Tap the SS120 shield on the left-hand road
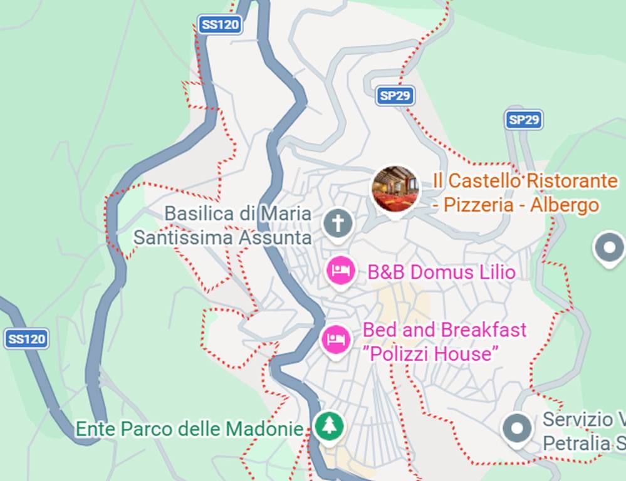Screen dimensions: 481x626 (26, 339)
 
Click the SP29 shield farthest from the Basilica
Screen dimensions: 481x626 (523, 120)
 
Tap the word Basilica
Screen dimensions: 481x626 (200, 214)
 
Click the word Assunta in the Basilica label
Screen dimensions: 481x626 (277, 238)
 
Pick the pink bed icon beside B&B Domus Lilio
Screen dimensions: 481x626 (342, 271)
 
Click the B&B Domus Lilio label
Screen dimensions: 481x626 (441, 272)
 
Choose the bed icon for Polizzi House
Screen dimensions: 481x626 (336, 339)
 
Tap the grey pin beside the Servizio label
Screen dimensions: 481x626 (518, 429)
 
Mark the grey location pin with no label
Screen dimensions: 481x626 (608, 247)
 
